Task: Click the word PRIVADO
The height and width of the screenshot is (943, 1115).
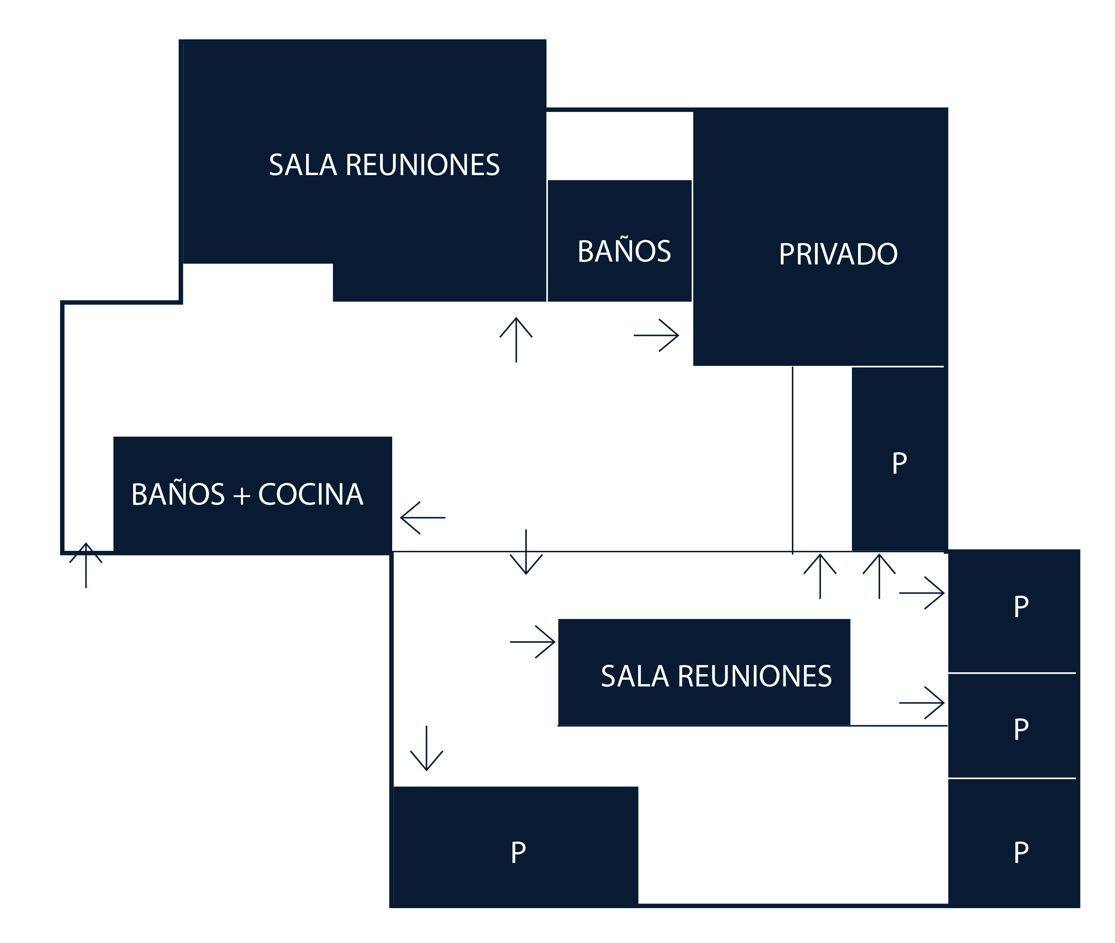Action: [838, 254]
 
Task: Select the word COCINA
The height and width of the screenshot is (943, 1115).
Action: [311, 495]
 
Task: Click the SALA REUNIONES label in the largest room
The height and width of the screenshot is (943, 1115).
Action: [384, 165]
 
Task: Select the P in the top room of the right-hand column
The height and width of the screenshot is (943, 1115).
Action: [1021, 607]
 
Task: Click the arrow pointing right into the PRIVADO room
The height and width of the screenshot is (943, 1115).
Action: [656, 336]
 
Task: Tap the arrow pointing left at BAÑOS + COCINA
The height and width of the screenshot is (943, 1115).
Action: [423, 517]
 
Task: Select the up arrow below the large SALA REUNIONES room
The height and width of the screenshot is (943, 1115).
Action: [516, 339]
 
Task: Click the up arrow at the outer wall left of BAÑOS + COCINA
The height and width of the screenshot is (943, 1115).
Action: [85, 565]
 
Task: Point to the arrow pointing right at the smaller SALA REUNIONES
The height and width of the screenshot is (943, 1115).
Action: [533, 642]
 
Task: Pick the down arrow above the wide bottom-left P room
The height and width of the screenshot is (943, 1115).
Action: [427, 748]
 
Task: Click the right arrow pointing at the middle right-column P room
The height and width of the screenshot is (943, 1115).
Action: [922, 703]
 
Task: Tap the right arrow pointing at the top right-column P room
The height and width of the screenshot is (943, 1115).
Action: [922, 593]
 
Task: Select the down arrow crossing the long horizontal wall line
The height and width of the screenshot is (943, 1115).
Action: [526, 552]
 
